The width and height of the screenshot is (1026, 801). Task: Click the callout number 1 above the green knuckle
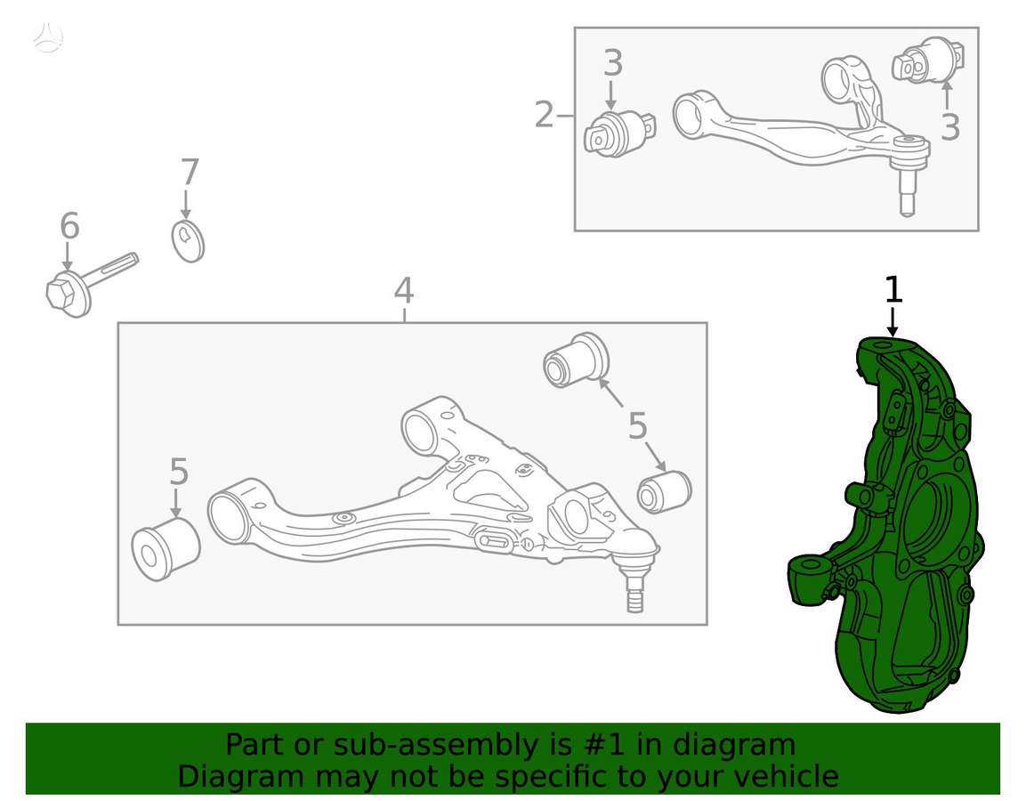point(893,290)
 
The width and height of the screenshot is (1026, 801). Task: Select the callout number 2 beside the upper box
point(545,115)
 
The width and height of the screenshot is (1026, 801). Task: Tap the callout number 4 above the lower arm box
point(404,290)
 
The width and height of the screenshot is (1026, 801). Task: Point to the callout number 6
point(69,226)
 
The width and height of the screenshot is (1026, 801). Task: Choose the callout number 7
point(190,173)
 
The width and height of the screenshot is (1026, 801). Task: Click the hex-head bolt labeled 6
point(92,286)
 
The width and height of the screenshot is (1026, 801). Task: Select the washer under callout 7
point(188,241)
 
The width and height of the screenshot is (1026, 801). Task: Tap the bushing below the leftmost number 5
point(166,548)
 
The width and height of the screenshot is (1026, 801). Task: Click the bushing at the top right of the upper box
point(928,61)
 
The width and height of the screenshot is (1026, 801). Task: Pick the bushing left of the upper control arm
point(619,134)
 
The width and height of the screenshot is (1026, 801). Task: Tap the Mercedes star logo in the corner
point(49,36)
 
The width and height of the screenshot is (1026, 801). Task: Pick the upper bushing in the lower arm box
point(577,360)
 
